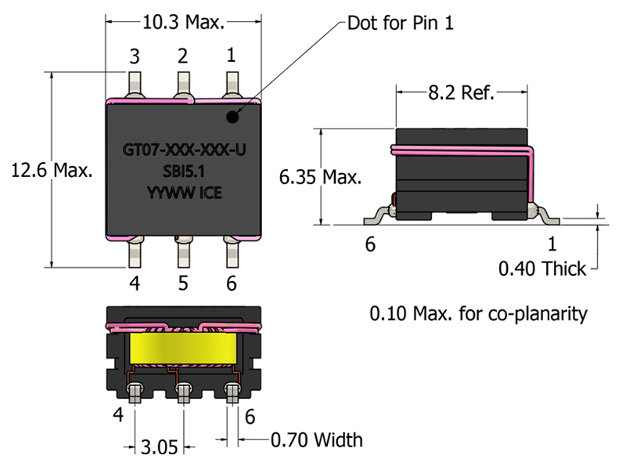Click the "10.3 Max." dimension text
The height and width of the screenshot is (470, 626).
point(183,23)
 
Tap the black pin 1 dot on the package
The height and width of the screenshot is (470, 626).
point(232,118)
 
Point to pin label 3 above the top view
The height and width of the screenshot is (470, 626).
point(135,56)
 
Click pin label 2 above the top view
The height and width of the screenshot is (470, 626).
point(183,56)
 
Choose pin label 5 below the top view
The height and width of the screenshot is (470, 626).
point(183,283)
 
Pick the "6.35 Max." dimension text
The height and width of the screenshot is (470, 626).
point(321,177)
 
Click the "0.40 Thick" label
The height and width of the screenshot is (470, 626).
point(542,269)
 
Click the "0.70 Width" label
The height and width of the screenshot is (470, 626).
point(316,439)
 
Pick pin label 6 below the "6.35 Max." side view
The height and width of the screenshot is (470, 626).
point(370,244)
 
